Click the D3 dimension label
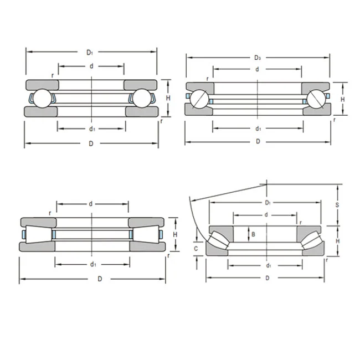click(x=258, y=57)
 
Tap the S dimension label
click(x=337, y=204)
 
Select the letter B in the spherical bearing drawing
click(x=253, y=234)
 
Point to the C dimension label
click(x=196, y=249)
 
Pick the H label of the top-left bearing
click(x=168, y=97)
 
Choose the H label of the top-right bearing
click(x=343, y=99)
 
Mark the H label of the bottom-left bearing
click(x=175, y=235)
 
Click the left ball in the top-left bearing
click(x=39, y=97)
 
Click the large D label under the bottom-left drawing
click(x=100, y=279)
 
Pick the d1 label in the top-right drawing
click(x=258, y=128)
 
